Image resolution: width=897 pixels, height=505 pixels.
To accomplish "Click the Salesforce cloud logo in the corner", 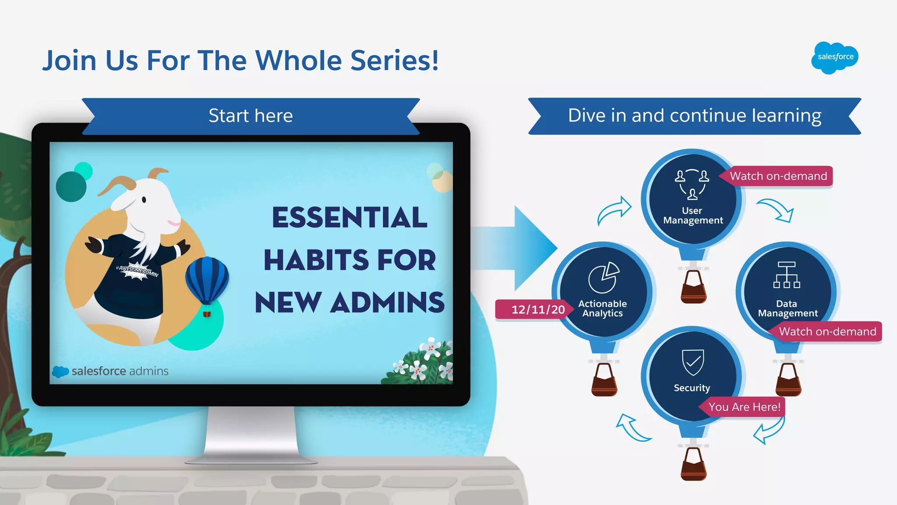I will [x=835, y=57].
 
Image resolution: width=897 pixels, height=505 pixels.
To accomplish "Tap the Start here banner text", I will [x=251, y=116].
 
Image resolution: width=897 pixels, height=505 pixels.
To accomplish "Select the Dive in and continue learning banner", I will [x=694, y=116].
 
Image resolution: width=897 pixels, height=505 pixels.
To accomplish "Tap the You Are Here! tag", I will [x=744, y=407].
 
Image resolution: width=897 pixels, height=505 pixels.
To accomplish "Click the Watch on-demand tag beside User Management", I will [x=778, y=176].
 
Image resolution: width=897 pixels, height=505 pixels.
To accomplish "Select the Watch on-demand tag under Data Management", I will [x=827, y=332].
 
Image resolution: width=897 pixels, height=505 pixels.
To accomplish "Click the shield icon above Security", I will [x=693, y=363].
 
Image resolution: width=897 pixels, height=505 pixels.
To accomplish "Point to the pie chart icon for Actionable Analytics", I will [x=603, y=277].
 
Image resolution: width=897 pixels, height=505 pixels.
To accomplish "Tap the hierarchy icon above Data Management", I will [x=787, y=275].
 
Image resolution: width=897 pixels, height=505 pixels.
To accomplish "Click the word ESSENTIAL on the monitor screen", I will [x=350, y=217].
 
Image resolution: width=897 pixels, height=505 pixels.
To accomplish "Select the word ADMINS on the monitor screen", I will [x=388, y=303].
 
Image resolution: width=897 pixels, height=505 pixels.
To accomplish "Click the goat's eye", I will [x=144, y=200].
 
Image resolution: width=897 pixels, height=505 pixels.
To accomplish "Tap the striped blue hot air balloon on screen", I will [x=207, y=281].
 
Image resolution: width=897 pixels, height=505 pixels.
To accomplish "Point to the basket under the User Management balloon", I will [x=693, y=287].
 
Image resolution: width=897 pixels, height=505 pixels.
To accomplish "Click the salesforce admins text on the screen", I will [x=120, y=371].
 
